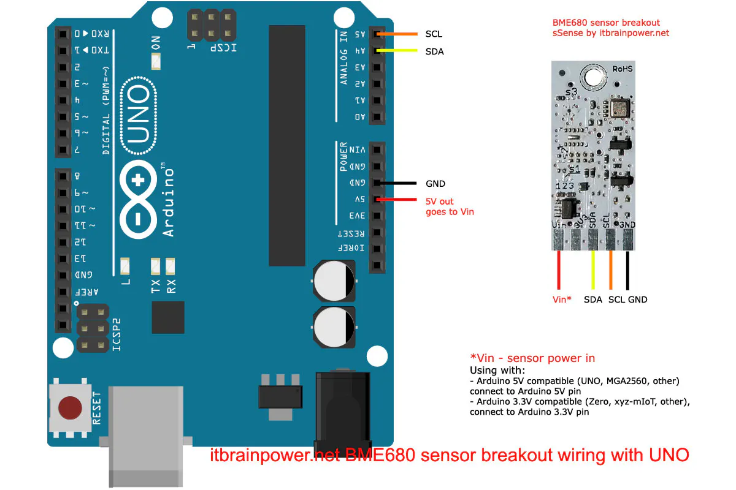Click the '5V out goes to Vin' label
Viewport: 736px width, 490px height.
[449, 206]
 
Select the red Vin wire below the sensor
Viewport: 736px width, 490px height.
[558, 269]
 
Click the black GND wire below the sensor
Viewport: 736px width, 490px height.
[627, 269]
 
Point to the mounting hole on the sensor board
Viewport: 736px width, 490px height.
[593, 77]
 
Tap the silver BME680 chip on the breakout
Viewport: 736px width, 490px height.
[620, 108]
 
